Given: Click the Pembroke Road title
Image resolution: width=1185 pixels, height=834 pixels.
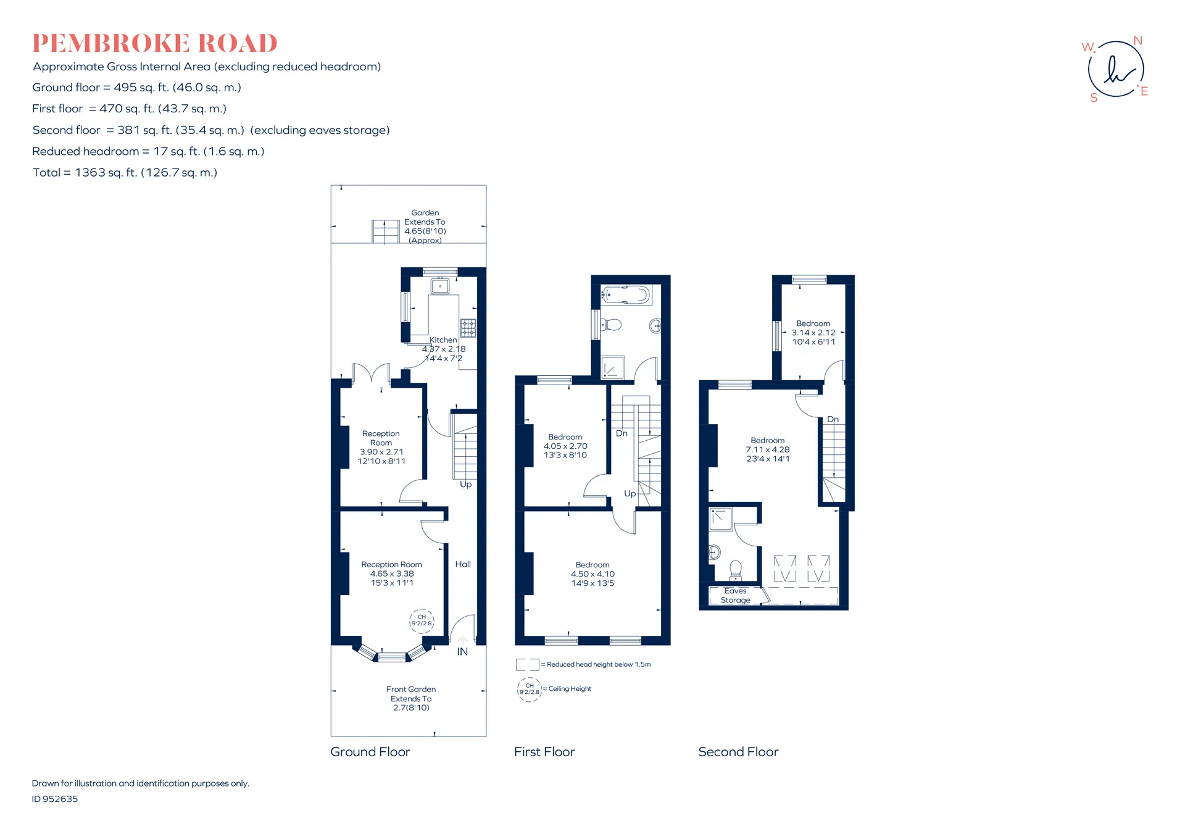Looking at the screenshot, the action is pos(155,43).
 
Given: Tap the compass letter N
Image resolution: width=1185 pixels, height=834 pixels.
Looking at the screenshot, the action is pos(1138,41).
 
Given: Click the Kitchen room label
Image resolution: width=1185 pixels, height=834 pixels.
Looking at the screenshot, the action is pos(443,340).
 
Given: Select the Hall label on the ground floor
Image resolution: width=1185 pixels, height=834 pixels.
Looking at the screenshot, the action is pos(463,564).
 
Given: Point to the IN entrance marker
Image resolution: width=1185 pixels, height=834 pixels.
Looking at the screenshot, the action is pos(462,652).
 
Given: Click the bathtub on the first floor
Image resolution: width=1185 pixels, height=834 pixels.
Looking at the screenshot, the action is pos(626,294).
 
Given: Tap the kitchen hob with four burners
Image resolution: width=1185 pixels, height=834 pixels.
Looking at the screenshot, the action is pos(468,328).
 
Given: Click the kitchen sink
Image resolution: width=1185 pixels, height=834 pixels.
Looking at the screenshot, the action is pos(440,286).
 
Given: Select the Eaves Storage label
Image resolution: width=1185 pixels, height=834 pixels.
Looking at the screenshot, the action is pos(736,596).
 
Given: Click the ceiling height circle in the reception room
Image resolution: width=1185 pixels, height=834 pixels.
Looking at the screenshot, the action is pos(422,620).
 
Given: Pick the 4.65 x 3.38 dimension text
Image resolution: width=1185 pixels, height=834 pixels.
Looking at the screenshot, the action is pos(392,573).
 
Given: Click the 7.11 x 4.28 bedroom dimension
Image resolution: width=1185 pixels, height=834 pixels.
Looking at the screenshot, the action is pos(768,449).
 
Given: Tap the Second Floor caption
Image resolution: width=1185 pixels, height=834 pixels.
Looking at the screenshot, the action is pos(738,752).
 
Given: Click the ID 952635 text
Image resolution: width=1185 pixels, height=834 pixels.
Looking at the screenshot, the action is pos(55,799).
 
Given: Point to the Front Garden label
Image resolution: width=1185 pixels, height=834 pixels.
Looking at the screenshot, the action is pos(411,689).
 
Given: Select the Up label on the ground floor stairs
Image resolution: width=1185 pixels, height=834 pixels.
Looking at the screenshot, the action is pos(466,485).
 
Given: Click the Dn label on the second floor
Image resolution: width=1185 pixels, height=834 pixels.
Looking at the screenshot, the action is pos(833,419).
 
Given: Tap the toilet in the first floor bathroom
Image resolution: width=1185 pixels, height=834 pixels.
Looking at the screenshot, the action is pos(611,324).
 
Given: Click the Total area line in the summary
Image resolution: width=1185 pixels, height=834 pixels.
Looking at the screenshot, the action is pos(125,173).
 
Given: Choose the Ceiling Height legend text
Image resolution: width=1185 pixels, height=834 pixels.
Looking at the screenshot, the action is pos(570,689).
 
